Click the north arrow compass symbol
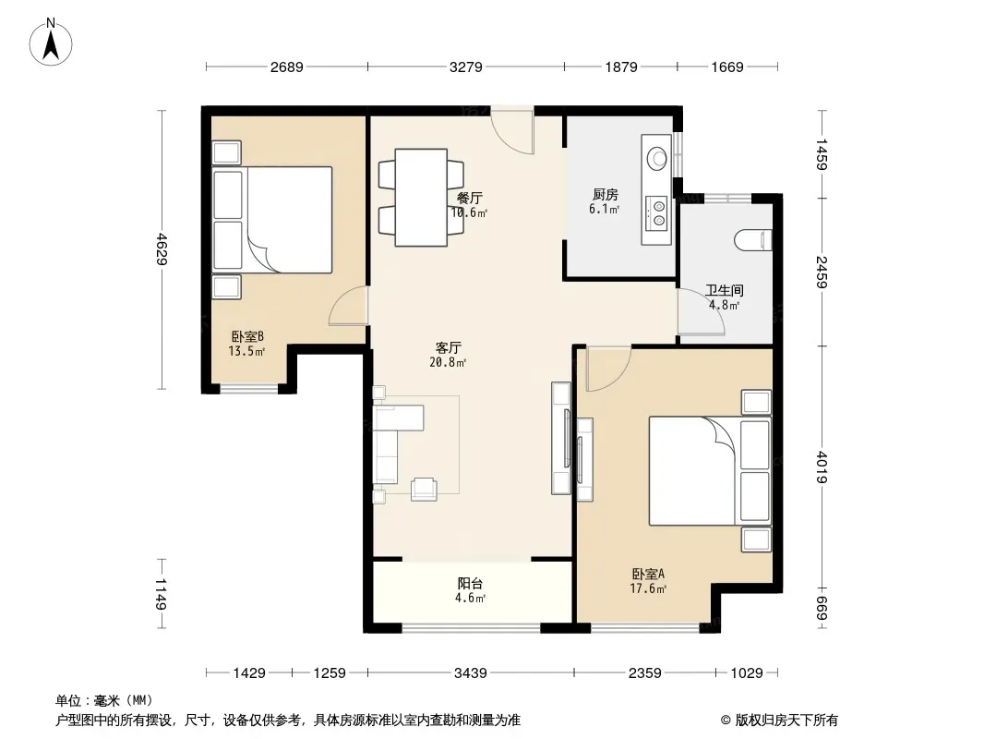click(x=51, y=42)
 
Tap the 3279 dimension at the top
click(x=465, y=67)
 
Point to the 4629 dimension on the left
click(x=162, y=249)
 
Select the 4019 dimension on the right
click(x=822, y=467)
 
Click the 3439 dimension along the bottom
click(x=471, y=673)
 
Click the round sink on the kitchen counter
click(x=657, y=157)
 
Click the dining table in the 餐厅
click(x=421, y=197)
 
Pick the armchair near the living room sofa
click(x=425, y=489)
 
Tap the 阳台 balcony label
click(x=470, y=583)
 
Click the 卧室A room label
click(x=648, y=574)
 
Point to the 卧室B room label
click(x=246, y=336)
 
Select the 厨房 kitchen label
click(x=605, y=195)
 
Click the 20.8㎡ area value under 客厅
click(x=448, y=362)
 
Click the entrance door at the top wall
click(x=512, y=130)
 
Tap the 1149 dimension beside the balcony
click(x=161, y=594)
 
